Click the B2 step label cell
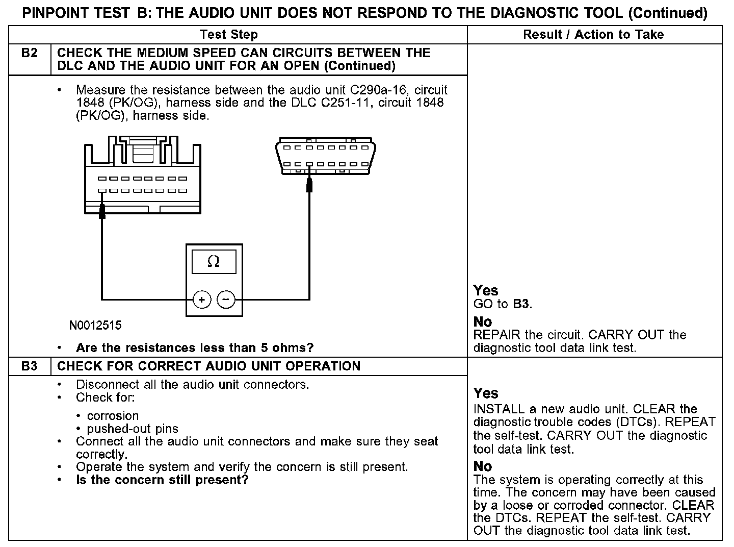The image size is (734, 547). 30,53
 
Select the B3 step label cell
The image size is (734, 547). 30,366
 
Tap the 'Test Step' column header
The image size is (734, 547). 228,35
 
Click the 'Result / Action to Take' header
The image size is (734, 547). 593,35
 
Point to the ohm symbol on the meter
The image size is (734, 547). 214,262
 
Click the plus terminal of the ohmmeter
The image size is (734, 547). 202,300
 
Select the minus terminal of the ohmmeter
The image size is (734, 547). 226,300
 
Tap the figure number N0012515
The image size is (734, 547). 96,325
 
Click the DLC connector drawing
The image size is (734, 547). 325,155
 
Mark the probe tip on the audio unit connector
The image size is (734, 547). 102,209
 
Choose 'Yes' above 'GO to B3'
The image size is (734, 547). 485,290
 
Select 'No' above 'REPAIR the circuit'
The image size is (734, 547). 482,321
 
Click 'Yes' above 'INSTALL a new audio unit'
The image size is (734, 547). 485,393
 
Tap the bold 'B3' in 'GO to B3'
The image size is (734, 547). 520,304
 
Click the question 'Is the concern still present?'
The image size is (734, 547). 162,480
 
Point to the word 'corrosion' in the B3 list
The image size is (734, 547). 113,415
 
